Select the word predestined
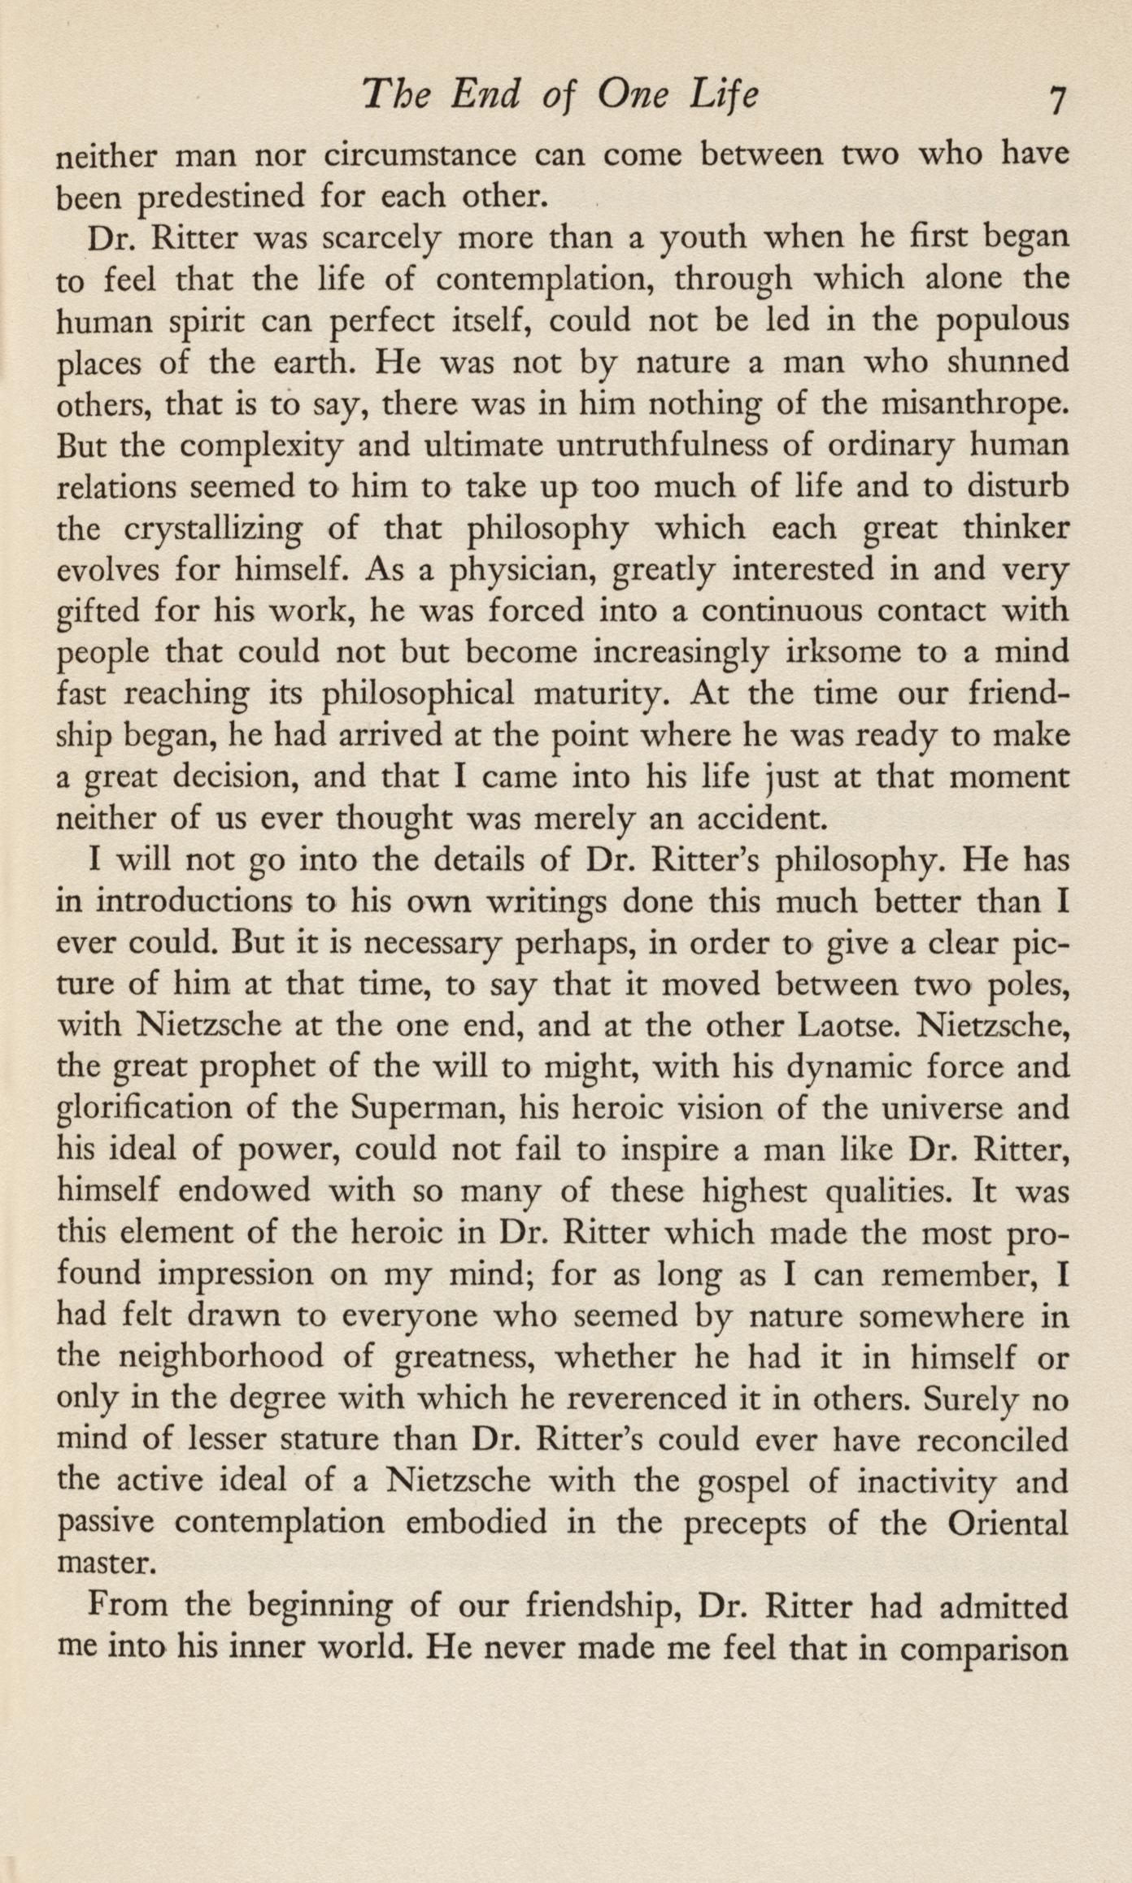[230, 198]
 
